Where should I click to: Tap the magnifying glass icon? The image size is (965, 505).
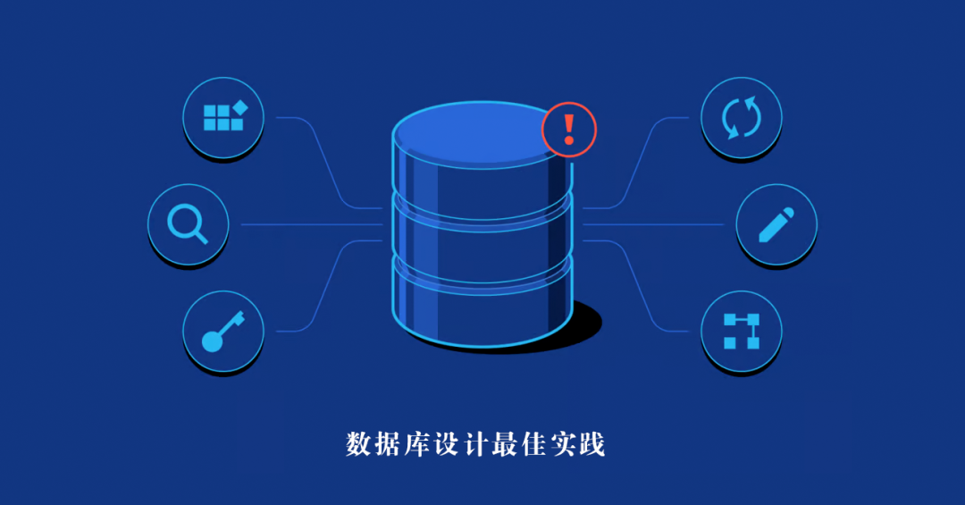click(x=188, y=223)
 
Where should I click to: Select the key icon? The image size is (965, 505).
click(x=222, y=331)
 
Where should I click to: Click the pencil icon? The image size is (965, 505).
click(x=776, y=224)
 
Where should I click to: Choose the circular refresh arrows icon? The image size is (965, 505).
click(x=741, y=117)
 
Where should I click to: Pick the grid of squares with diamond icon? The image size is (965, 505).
click(x=222, y=117)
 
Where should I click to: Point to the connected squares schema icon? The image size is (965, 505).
click(x=741, y=331)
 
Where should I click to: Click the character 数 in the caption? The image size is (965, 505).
click(x=359, y=444)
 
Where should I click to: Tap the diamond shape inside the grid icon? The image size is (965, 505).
click(x=239, y=109)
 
